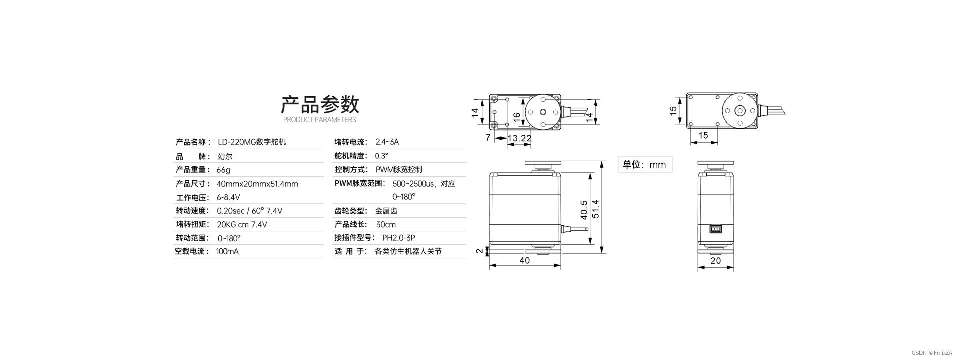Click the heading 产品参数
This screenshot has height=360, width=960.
point(320,105)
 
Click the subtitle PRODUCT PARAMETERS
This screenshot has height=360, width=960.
point(320,120)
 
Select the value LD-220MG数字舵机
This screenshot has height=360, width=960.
point(252,142)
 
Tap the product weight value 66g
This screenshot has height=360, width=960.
point(223,170)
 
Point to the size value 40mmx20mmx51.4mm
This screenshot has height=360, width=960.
point(257,184)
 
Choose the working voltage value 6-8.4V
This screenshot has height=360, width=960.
point(228,197)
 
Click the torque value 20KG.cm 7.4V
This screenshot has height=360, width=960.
point(242,225)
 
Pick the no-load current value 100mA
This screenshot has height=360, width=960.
point(227,252)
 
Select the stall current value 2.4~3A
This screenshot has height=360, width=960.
point(387,142)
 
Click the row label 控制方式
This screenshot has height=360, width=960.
point(351,170)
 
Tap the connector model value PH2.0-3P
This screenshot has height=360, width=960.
point(399,238)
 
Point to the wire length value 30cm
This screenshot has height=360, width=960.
point(386,225)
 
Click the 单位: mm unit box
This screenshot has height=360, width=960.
point(645,165)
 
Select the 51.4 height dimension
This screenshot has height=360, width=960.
point(595,209)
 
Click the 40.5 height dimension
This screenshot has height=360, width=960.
point(584,210)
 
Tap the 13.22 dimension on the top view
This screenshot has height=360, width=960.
point(519,138)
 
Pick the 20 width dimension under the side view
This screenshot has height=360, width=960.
point(716,261)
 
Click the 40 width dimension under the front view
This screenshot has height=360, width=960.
point(524,261)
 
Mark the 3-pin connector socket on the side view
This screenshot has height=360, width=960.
point(716,229)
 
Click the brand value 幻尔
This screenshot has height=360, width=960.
point(225,156)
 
